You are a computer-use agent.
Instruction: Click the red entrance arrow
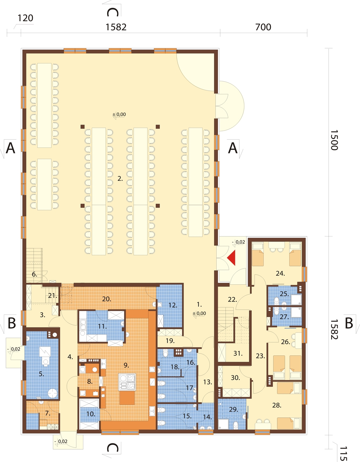click(x=232, y=258)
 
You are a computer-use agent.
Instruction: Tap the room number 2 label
click(x=120, y=179)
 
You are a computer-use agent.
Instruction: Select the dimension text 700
click(x=263, y=27)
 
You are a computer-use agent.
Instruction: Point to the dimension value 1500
click(x=334, y=140)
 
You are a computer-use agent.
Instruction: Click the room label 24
click(x=280, y=273)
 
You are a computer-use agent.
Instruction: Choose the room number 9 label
click(x=126, y=365)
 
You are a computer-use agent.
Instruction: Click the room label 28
click(x=277, y=405)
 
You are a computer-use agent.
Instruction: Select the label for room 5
click(x=41, y=374)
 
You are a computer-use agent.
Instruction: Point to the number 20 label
click(x=107, y=299)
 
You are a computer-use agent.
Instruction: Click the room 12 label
click(x=173, y=305)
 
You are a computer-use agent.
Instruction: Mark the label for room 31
click(x=238, y=353)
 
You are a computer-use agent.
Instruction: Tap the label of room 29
click(x=234, y=409)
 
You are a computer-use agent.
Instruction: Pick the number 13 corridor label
click(x=207, y=382)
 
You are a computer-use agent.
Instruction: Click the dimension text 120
click(x=25, y=18)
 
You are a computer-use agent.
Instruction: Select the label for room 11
click(x=102, y=326)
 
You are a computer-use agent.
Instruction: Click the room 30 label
click(x=235, y=378)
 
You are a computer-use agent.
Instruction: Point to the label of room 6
click(x=34, y=274)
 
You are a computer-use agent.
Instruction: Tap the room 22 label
click(x=232, y=299)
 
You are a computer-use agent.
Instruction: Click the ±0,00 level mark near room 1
click(x=199, y=314)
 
